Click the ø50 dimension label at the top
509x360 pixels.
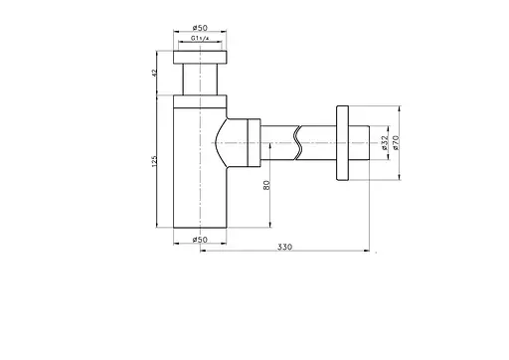(x=200, y=28)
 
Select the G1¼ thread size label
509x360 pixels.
(x=200, y=38)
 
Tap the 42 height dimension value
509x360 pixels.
(x=154, y=73)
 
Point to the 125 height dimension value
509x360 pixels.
(x=154, y=161)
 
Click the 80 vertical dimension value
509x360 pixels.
(x=266, y=185)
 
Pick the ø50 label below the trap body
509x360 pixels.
(x=200, y=240)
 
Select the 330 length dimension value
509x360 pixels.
(x=285, y=247)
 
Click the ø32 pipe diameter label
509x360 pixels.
(x=385, y=143)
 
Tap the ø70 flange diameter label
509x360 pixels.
(x=396, y=143)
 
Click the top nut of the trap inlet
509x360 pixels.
(x=200, y=57)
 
